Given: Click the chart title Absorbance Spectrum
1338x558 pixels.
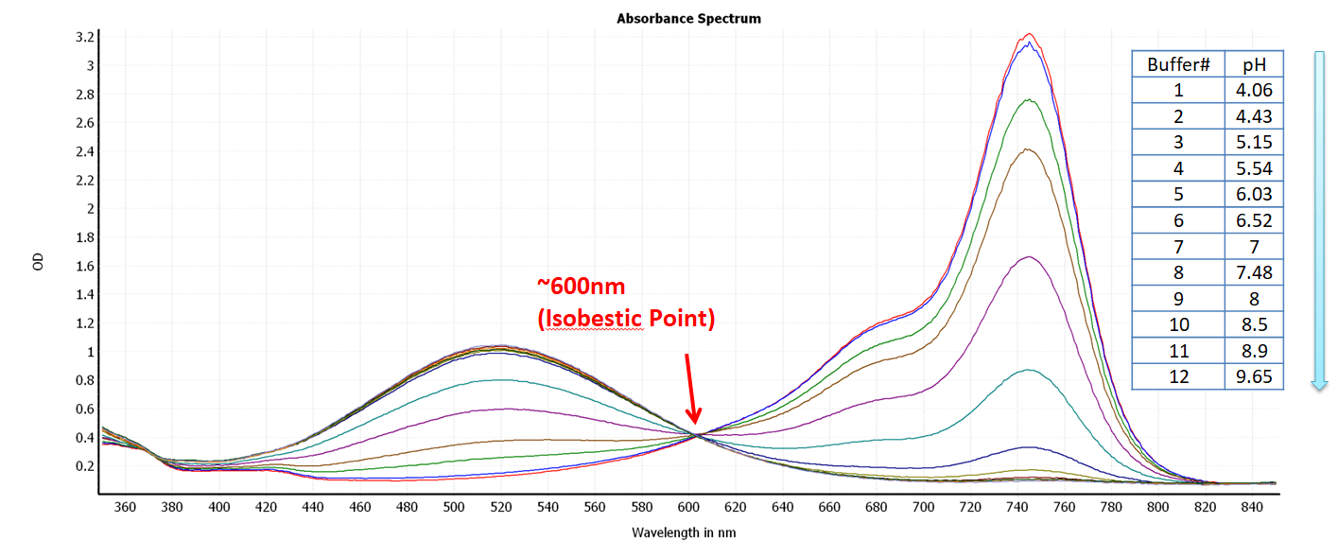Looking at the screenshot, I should pyautogui.click(x=688, y=18).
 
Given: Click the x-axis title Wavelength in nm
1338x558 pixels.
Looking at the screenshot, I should pyautogui.click(x=684, y=532).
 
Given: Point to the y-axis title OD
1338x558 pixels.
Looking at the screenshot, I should pyautogui.click(x=38, y=262).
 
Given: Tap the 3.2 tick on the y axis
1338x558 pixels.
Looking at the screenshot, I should pyautogui.click(x=84, y=37).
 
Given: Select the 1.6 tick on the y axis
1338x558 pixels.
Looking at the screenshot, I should pyautogui.click(x=84, y=266).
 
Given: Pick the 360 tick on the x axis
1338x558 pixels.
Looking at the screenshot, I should pyautogui.click(x=125, y=507).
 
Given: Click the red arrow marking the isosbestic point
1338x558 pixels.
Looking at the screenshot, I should pyautogui.click(x=691, y=389).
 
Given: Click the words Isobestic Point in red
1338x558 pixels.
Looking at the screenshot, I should pyautogui.click(x=626, y=319).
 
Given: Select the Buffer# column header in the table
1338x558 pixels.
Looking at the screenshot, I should pyautogui.click(x=1178, y=64).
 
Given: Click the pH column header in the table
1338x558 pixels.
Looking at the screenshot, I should pyautogui.click(x=1254, y=64).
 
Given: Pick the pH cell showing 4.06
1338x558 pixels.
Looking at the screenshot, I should pyautogui.click(x=1254, y=91).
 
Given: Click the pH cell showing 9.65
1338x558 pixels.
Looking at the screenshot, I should pyautogui.click(x=1254, y=376).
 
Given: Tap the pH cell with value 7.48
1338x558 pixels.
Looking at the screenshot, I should pyautogui.click(x=1254, y=272).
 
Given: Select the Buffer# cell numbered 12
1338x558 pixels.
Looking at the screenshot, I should pyautogui.click(x=1178, y=376).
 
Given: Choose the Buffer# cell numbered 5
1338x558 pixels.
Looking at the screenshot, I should pyautogui.click(x=1178, y=195).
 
